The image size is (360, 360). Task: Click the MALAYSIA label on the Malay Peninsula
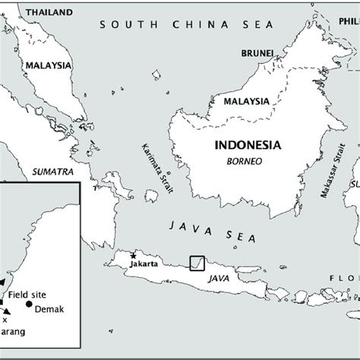(48, 66)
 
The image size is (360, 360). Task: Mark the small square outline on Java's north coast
(197, 262)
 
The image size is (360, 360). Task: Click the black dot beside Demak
(29, 305)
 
